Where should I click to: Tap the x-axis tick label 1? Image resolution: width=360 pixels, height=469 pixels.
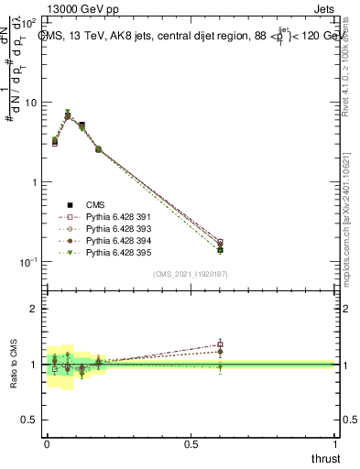pos(337,443)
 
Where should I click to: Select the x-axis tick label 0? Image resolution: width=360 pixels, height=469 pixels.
pos(47,443)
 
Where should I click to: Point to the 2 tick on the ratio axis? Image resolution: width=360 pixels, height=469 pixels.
pos(34,309)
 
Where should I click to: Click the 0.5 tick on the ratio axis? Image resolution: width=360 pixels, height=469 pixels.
pos(30,420)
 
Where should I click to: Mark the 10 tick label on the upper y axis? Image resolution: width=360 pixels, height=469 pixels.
pos(30,103)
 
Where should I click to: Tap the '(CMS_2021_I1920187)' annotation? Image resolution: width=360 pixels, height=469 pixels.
pos(191,275)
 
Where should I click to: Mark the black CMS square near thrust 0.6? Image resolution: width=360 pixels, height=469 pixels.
pos(220,249)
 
